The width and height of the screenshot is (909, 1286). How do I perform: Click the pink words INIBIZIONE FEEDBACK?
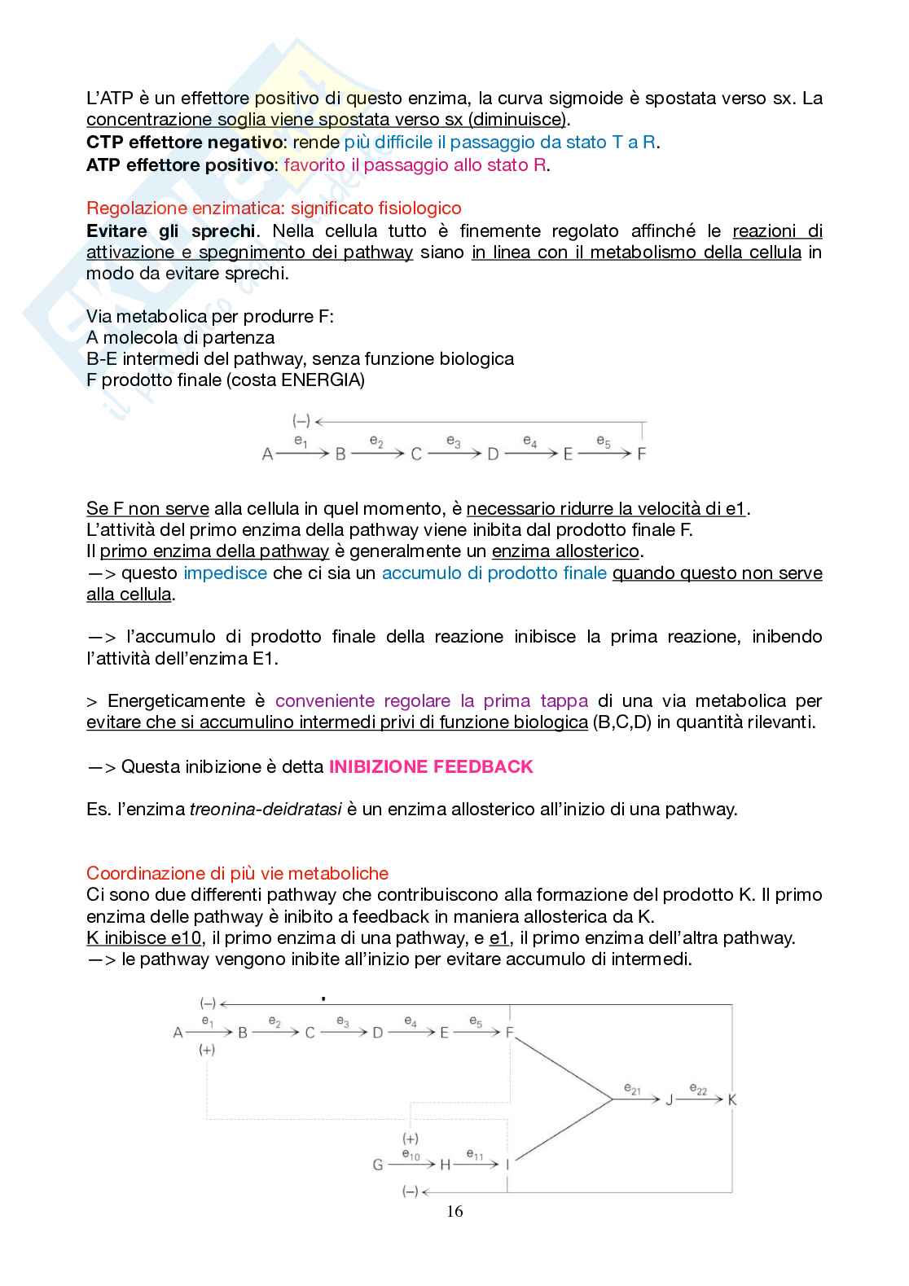(430, 766)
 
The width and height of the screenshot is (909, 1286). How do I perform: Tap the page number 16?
(455, 1211)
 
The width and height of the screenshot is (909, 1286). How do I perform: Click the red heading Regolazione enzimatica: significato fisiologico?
(274, 208)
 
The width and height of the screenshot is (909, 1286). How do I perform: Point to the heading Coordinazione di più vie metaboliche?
(237, 873)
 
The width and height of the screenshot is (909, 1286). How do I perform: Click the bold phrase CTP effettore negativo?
(183, 143)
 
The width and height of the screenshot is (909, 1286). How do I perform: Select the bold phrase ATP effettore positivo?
(180, 165)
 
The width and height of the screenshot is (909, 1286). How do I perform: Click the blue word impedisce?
(225, 573)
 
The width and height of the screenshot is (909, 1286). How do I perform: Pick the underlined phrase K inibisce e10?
(144, 937)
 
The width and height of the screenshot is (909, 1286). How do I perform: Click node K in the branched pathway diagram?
(731, 1099)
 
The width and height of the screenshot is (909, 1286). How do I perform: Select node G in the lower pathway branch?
(378, 1165)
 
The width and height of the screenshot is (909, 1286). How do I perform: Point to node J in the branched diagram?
(670, 1099)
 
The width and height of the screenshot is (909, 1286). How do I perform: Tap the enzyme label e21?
(632, 1089)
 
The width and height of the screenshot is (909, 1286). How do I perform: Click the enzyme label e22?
(698, 1088)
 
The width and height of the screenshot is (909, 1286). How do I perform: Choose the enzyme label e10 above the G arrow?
(411, 1154)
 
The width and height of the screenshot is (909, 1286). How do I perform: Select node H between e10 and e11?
(445, 1165)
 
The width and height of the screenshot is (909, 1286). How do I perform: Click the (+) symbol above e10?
(411, 1139)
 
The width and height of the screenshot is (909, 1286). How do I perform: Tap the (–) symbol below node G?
(411, 1192)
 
